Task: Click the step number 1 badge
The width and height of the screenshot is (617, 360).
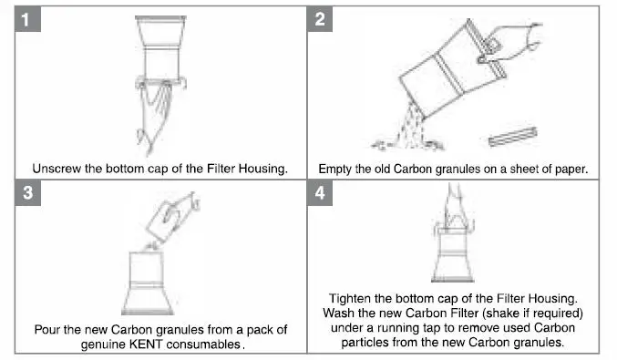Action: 27,18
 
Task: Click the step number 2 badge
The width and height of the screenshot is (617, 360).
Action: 320,18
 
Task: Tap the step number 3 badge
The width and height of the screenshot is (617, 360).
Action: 27,193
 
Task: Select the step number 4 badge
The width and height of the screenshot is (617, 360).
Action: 320,193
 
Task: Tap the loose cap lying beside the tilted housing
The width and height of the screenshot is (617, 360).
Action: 513,137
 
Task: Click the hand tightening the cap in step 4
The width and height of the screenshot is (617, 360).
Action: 455,208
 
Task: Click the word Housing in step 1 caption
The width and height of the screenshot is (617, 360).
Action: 263,169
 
